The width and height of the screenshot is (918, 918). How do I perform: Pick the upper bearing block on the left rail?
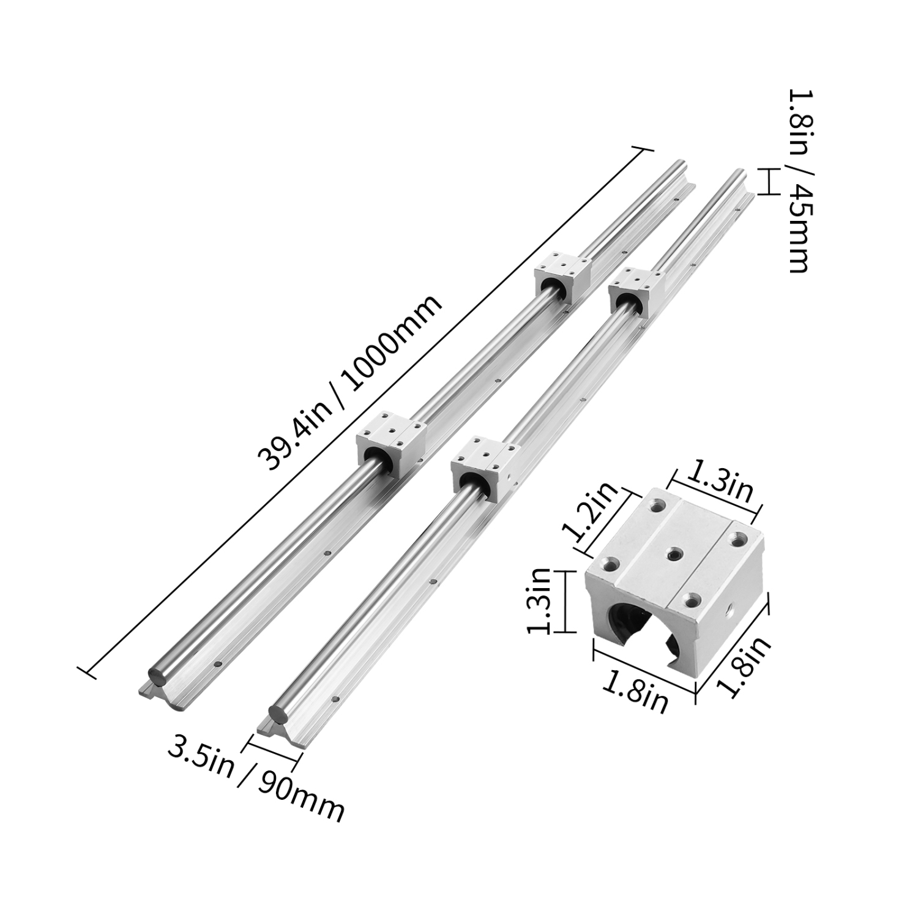point(563,280)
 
